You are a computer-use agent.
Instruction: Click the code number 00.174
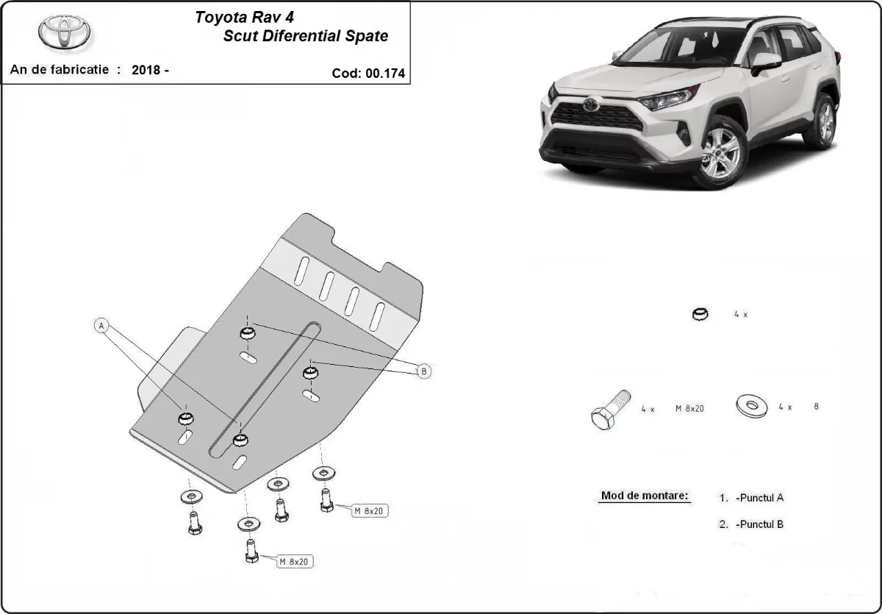382,74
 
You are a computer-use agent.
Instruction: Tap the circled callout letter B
423,372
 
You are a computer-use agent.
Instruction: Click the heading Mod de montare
645,496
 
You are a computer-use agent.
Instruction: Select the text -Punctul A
759,498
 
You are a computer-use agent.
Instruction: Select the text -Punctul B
759,524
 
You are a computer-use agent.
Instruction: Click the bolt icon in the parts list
609,409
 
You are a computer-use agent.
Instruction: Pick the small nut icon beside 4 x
700,315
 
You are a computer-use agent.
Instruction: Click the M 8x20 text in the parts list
689,408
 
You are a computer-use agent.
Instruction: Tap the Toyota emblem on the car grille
591,105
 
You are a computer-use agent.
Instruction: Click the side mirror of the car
765,63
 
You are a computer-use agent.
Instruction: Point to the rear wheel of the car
821,121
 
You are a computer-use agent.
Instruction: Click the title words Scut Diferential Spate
306,35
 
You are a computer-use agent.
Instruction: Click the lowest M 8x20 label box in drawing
295,562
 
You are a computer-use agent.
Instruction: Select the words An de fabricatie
59,70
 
